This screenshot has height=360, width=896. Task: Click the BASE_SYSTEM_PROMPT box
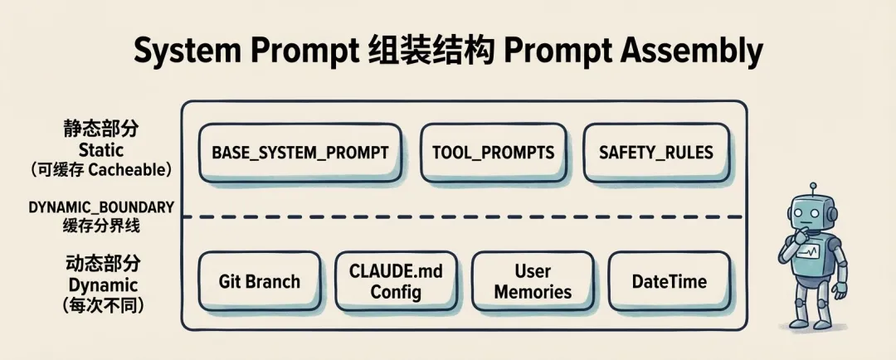tap(299, 153)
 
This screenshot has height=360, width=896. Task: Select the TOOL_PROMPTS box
tap(493, 153)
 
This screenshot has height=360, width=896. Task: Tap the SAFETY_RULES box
tap(655, 153)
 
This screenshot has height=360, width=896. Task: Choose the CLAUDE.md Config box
tap(396, 281)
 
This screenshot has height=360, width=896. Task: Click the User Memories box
tap(533, 281)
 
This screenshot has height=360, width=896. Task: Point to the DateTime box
tap(669, 281)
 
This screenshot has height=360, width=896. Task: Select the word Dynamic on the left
tap(101, 285)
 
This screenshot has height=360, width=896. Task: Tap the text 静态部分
tap(101, 130)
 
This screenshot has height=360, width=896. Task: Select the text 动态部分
tap(103, 265)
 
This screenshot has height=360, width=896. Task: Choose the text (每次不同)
tap(103, 304)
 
